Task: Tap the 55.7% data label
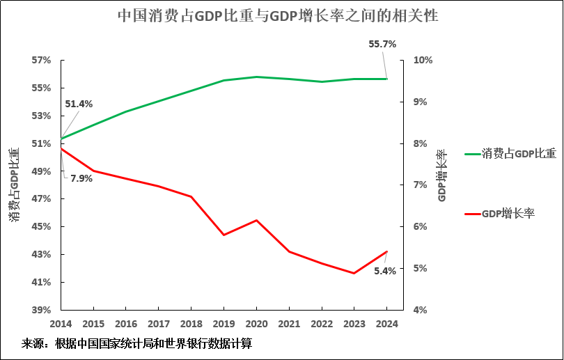pyautogui.click(x=382, y=44)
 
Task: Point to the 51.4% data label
pyautogui.click(x=79, y=104)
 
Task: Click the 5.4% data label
pyautogui.click(x=385, y=271)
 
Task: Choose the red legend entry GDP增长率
pyautogui.click(x=508, y=214)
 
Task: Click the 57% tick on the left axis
pyautogui.click(x=41, y=61)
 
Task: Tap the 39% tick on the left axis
pyautogui.click(x=41, y=310)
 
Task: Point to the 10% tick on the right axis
pyautogui.click(x=423, y=61)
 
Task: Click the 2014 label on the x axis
pyautogui.click(x=61, y=324)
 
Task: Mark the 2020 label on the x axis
pyautogui.click(x=256, y=324)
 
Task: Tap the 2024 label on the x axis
pyautogui.click(x=386, y=324)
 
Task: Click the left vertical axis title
pyautogui.click(x=14, y=185)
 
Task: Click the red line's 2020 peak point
pyautogui.click(x=256, y=220)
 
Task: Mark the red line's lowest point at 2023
pyautogui.click(x=354, y=273)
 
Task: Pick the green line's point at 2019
pyautogui.click(x=224, y=80)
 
